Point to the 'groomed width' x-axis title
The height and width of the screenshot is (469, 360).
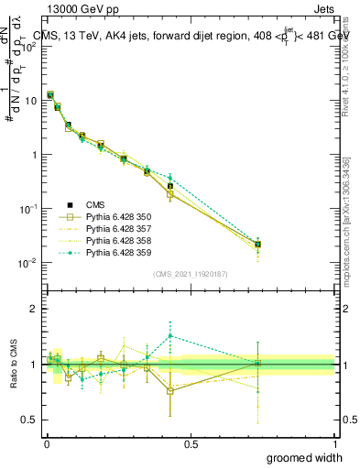(x=307, y=457)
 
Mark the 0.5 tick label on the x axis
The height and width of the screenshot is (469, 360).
(x=191, y=443)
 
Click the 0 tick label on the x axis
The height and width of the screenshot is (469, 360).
(x=47, y=443)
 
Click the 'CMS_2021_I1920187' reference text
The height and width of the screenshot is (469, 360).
(x=191, y=274)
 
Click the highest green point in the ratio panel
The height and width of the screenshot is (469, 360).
(x=170, y=335)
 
